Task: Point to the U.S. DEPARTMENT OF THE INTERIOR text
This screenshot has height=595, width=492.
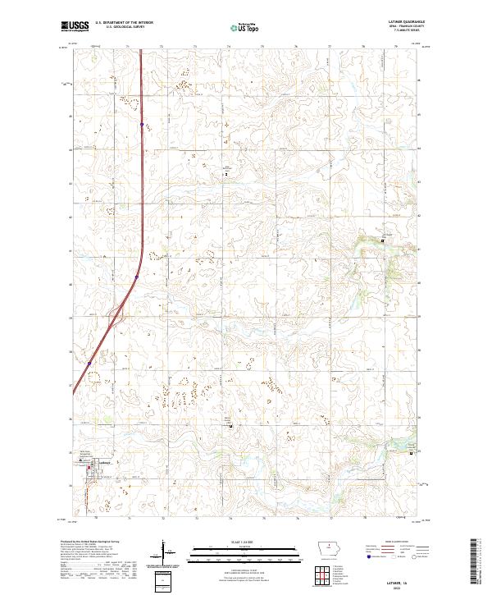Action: pyautogui.click(x=124, y=22)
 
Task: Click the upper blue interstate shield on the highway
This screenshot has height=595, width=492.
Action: pyautogui.click(x=141, y=125)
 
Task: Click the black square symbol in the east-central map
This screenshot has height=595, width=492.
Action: pyautogui.click(x=381, y=240)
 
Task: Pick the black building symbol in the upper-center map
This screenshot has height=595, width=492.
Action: pyautogui.click(x=227, y=174)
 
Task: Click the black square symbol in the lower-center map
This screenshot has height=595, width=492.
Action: pyautogui.click(x=230, y=425)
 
